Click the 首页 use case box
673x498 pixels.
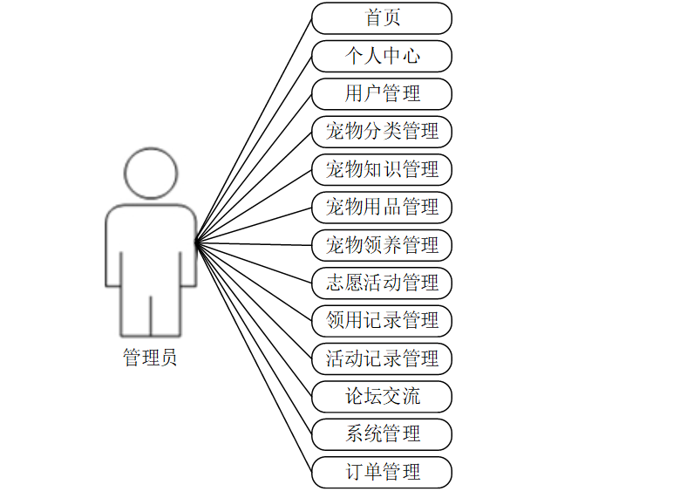382,17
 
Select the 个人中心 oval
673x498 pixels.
382,56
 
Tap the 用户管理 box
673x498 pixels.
382,93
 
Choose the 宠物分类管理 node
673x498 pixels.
382,132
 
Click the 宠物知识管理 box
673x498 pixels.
382,169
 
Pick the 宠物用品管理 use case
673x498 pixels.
382,208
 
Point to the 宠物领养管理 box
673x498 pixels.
382,245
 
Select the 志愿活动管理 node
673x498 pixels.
382,283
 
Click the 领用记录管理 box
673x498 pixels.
382,320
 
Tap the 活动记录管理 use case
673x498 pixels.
382,358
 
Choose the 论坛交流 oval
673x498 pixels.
382,397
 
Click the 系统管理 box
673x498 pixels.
382,434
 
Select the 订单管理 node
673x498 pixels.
382,472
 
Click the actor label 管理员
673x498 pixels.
150,358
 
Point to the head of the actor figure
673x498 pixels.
151,173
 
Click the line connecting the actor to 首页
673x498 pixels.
254,129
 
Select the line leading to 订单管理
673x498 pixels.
254,358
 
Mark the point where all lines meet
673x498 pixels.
196,242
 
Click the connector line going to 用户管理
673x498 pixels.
254,168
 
